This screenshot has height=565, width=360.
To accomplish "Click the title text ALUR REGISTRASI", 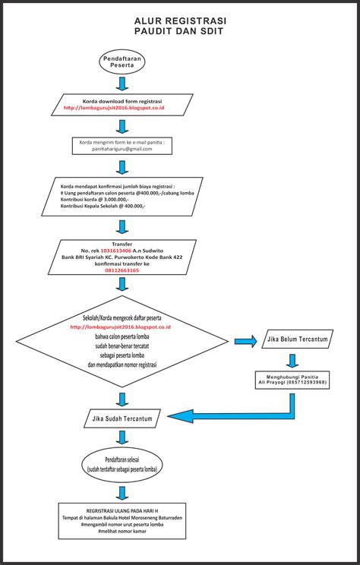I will (179, 22).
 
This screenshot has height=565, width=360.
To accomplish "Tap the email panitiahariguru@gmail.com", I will (122, 150).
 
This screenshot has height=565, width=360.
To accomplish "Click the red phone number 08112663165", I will (122, 270).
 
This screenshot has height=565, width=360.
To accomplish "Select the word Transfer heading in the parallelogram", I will (122, 243).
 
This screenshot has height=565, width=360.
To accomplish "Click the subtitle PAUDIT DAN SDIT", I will (179, 33).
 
